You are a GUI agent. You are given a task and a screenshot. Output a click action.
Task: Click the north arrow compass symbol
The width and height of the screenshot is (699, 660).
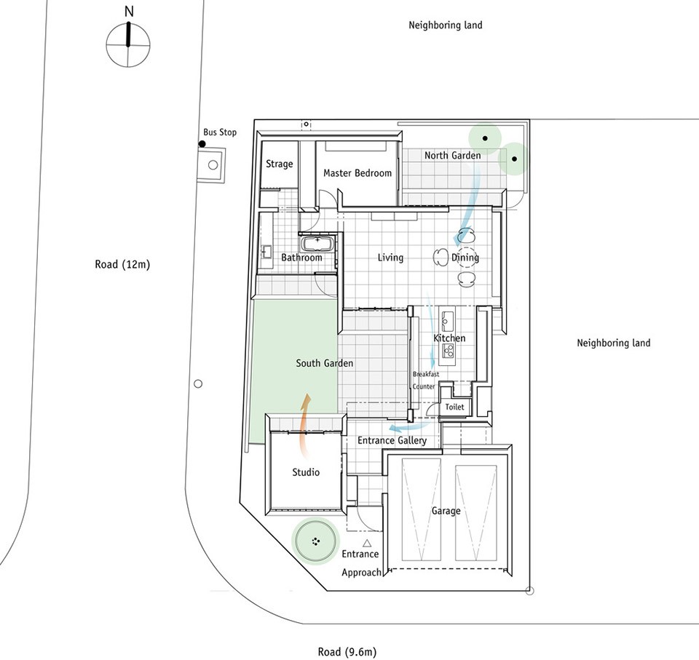pyautogui.click(x=128, y=45)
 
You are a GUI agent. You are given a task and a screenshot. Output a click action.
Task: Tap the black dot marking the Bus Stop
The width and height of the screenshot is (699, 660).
pyautogui.click(x=202, y=144)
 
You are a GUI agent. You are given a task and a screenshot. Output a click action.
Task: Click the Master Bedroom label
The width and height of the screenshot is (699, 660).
pyautogui.click(x=358, y=173)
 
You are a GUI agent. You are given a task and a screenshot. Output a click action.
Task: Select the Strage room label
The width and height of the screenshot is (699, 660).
pyautogui.click(x=280, y=164)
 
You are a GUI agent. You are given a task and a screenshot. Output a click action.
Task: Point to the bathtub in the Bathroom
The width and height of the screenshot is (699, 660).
pyautogui.click(x=317, y=244)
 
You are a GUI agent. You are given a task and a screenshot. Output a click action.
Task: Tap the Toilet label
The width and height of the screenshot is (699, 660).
pyautogui.click(x=454, y=407)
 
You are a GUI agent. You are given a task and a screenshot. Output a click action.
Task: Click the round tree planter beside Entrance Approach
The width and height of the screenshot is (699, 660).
pyautogui.click(x=315, y=541)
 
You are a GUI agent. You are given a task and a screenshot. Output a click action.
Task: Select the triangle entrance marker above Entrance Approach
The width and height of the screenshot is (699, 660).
pyautogui.click(x=367, y=543)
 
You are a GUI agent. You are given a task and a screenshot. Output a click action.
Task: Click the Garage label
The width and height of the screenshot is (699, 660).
pyautogui.click(x=446, y=511)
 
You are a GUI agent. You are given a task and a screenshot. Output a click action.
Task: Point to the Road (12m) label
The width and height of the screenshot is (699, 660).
pyautogui.click(x=122, y=264)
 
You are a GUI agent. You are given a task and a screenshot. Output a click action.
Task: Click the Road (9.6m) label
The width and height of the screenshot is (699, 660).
pyautogui.click(x=347, y=652)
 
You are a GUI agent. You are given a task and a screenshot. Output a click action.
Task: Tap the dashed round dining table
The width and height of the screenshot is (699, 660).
pyautogui.click(x=465, y=257)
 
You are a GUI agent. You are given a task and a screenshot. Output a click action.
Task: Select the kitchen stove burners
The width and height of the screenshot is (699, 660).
pyautogui.click(x=448, y=352)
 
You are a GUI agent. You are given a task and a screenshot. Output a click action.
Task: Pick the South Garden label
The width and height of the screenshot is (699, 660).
pyautogui.click(x=325, y=363)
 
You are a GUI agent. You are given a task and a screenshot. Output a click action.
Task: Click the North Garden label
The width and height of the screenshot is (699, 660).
pyautogui.click(x=452, y=156)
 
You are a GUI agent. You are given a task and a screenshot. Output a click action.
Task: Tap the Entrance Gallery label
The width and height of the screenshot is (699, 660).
pyautogui.click(x=392, y=441)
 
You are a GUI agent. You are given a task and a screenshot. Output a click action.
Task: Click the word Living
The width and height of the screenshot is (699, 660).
pyautogui.click(x=390, y=258)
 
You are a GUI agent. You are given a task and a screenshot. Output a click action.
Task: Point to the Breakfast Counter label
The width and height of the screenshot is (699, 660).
pyautogui.click(x=426, y=380)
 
